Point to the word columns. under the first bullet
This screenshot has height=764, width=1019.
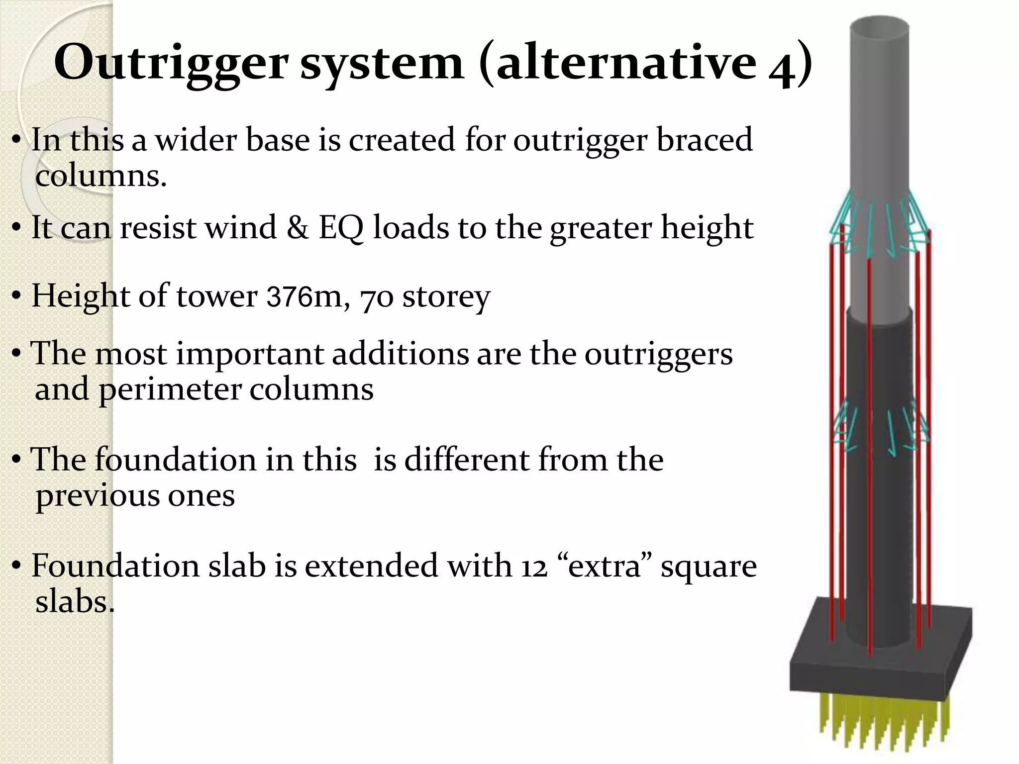coord(101,176)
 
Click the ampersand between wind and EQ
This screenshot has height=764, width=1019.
coord(297,228)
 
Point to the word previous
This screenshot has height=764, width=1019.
coord(98,496)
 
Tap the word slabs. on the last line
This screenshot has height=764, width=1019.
coord(75,602)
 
